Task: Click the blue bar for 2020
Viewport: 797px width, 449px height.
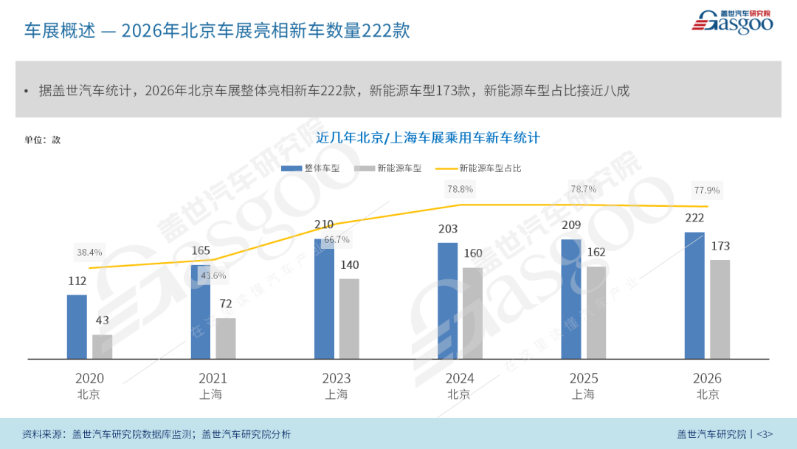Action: tap(77, 326)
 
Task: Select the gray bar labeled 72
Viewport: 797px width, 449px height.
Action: tap(226, 338)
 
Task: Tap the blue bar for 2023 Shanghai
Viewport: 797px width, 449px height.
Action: tap(324, 298)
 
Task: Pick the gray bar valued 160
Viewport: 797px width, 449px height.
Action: tap(473, 313)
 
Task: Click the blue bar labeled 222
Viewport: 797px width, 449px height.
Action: tap(694, 295)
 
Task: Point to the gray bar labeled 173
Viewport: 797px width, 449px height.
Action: tap(720, 309)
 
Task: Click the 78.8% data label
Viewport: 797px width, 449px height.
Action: tap(460, 189)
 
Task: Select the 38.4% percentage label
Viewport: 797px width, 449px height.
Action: tap(89, 253)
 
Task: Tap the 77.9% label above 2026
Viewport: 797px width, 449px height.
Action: tap(706, 190)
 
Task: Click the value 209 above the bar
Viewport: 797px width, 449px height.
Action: tap(571, 225)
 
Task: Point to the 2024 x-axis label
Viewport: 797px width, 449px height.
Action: tap(460, 378)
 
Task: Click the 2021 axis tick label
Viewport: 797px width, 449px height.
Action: tap(213, 378)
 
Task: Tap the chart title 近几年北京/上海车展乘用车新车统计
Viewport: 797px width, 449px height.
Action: tap(428, 138)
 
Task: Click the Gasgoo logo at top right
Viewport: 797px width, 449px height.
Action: tap(732, 21)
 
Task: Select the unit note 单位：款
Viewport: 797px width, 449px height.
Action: tap(42, 140)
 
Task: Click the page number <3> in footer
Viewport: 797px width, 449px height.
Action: tap(765, 433)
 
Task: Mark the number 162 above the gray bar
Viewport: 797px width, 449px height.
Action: tap(596, 253)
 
